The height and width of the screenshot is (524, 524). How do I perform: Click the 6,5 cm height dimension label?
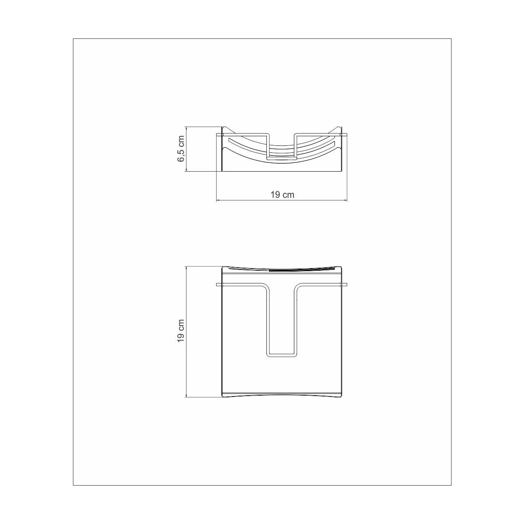point(181,149)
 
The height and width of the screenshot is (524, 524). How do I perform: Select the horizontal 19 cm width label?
point(282,195)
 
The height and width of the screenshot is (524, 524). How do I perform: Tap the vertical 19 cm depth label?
point(181,331)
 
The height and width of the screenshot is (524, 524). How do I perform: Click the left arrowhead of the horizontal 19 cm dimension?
point(218,201)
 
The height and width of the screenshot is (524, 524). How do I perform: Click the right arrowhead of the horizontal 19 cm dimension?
point(345,201)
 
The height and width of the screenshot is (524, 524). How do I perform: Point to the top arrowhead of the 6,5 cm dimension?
point(186,128)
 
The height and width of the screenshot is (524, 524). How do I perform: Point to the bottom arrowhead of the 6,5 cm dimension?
point(186,170)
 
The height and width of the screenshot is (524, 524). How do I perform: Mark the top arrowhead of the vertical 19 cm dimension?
point(186,268)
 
